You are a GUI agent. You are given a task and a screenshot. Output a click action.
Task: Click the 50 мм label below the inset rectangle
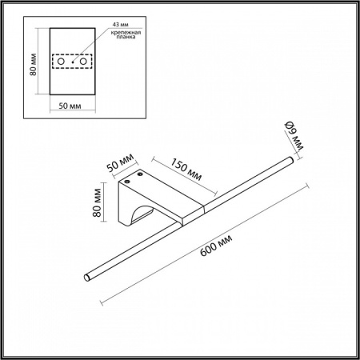73,106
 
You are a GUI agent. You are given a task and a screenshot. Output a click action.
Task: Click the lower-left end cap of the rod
87,278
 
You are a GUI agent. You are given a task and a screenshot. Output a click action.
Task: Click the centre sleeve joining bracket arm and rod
192,214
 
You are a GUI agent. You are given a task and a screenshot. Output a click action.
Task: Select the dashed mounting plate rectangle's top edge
73,54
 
